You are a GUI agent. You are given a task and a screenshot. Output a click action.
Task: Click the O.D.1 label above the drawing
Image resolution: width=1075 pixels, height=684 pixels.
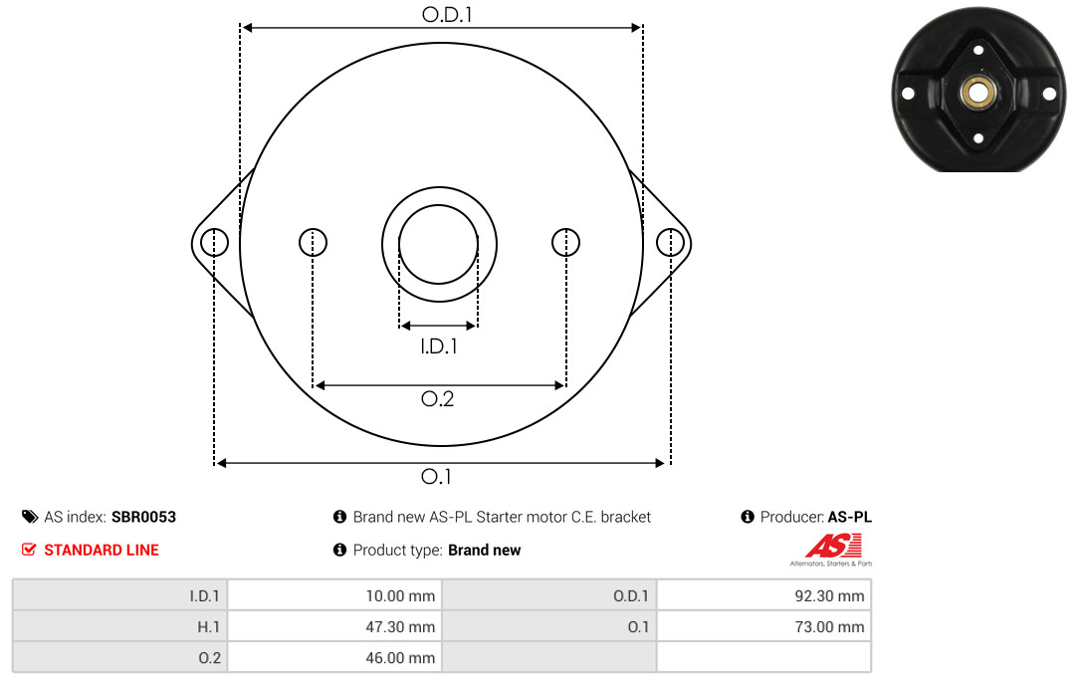tap(447, 14)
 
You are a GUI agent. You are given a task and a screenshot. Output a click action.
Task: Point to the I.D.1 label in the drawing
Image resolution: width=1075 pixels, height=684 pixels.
tap(439, 346)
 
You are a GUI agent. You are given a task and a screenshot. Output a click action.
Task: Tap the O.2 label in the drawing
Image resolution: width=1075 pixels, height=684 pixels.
tap(437, 398)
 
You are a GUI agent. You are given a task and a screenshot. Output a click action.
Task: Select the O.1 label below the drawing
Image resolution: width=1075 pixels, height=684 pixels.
tap(436, 476)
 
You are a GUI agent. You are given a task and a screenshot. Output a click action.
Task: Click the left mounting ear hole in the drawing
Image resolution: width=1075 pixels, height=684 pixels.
tap(215, 242)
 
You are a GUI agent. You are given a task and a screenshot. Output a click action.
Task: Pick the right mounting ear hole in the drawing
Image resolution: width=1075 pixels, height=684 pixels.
tap(670, 242)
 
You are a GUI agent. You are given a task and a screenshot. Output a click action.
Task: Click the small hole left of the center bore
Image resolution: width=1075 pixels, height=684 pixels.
tap(314, 242)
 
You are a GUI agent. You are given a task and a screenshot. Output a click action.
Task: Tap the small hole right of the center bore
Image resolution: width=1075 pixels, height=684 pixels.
tap(565, 242)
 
